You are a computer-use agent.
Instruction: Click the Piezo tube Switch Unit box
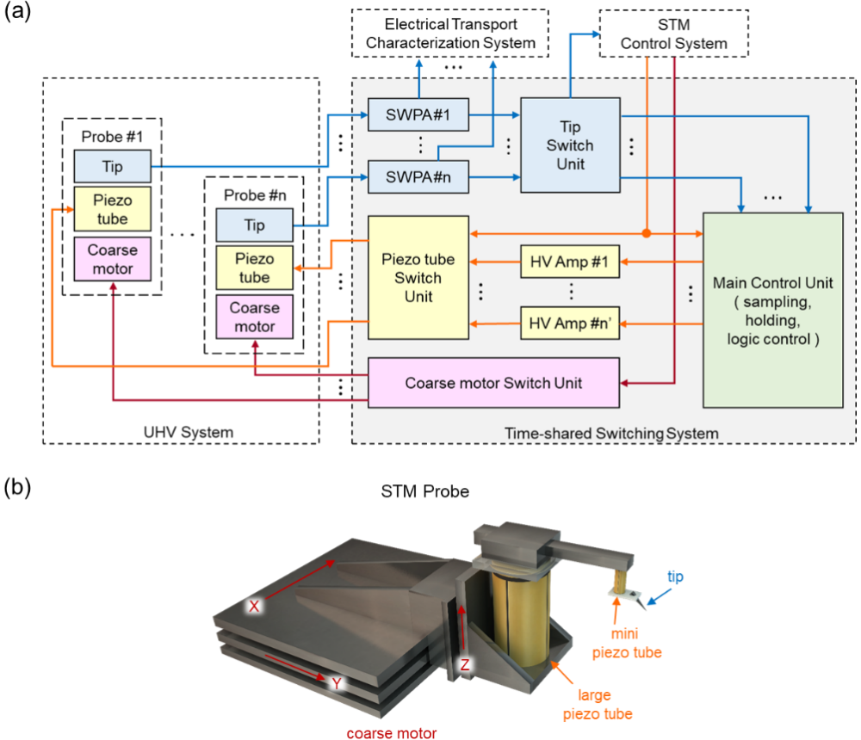[418, 278]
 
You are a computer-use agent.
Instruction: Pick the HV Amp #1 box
[570, 261]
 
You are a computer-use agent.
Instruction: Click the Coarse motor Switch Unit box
[493, 382]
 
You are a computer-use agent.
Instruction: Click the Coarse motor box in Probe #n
[255, 317]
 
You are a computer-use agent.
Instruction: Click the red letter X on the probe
[255, 606]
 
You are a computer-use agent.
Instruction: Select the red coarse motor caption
[390, 733]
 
